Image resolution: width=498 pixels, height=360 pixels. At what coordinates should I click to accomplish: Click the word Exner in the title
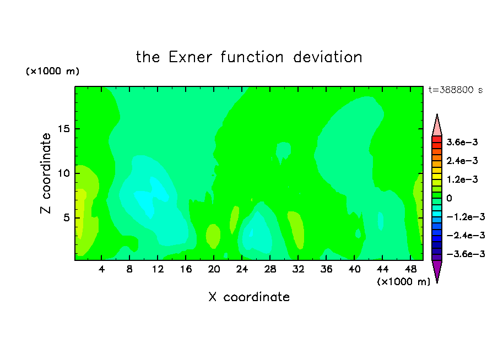pos(190,57)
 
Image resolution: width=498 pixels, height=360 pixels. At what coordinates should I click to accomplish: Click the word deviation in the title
pos(327,57)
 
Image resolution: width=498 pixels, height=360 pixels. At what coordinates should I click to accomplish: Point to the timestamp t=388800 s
pos(456,90)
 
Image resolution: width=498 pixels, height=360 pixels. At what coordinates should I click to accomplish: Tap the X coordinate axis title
pos(249,297)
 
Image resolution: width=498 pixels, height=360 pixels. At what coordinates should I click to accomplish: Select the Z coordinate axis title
pos(46,173)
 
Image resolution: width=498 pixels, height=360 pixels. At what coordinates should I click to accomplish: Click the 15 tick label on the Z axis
pos(63,129)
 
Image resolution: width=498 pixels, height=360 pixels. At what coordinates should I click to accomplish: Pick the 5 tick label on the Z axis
pos(66,218)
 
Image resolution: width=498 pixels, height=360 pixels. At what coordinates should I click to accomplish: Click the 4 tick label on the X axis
pos(101,269)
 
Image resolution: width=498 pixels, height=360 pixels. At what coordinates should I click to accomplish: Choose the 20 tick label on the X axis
pos(214,269)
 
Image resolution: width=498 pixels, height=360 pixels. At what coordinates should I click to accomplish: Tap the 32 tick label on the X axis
pos(298,269)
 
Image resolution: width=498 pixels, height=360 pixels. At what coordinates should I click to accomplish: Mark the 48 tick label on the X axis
pos(410,269)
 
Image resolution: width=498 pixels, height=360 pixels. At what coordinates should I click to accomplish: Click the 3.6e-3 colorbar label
pos(462,142)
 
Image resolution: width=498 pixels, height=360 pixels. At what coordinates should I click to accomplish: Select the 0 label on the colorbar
pos(449,198)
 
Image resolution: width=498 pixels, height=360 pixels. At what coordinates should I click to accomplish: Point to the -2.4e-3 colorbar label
pos(465,235)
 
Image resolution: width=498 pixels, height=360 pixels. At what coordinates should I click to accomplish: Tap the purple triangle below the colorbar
pos(437,270)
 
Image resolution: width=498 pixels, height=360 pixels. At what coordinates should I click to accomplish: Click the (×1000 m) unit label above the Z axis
pos(52,71)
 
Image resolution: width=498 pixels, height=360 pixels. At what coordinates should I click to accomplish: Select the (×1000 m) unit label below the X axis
pos(403,281)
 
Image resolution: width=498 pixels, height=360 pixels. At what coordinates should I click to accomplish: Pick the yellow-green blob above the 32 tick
pos(296,230)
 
